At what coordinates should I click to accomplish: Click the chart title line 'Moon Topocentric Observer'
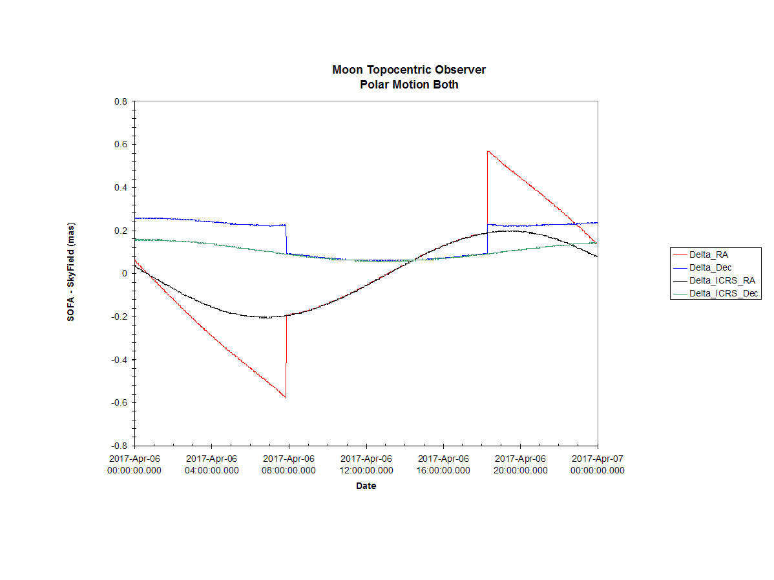(409, 70)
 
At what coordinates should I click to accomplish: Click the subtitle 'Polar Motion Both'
(409, 85)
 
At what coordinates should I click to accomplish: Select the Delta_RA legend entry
(701, 254)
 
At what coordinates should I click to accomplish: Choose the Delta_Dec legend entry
(702, 267)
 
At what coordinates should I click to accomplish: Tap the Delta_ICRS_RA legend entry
(715, 280)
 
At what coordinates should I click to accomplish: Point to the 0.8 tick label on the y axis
(120, 101)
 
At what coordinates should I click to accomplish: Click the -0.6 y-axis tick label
(119, 403)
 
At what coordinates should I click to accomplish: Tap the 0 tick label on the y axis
(125, 273)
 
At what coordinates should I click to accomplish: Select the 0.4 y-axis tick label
(120, 187)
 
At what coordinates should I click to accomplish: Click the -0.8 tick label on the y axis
(119, 446)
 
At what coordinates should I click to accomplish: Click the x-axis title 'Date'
(366, 486)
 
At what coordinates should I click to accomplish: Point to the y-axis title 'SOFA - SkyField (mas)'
(70, 272)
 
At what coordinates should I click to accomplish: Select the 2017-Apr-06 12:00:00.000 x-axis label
(366, 464)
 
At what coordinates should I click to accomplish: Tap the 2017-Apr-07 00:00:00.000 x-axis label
(597, 464)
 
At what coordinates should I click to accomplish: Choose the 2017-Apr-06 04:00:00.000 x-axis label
(212, 464)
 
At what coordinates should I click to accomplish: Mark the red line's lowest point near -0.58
(286, 398)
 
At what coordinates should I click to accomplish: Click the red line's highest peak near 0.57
(488, 151)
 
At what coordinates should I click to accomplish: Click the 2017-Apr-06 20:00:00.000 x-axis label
(520, 464)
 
